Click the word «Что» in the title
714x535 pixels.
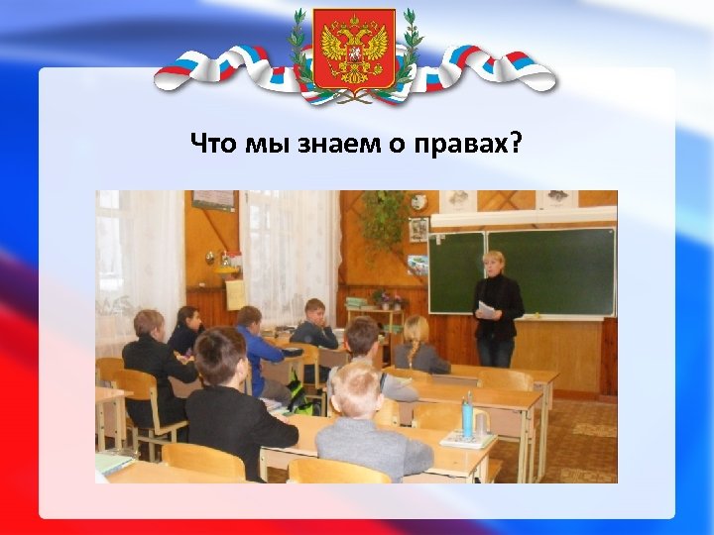click(x=211, y=145)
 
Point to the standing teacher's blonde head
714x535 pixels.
click(x=493, y=263)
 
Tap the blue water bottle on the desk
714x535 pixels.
click(x=466, y=415)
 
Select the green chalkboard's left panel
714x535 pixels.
click(x=456, y=272)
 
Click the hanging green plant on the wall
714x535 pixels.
click(x=382, y=220)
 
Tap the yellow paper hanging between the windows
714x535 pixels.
click(x=235, y=294)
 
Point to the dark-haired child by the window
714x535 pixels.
click(x=187, y=331)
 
